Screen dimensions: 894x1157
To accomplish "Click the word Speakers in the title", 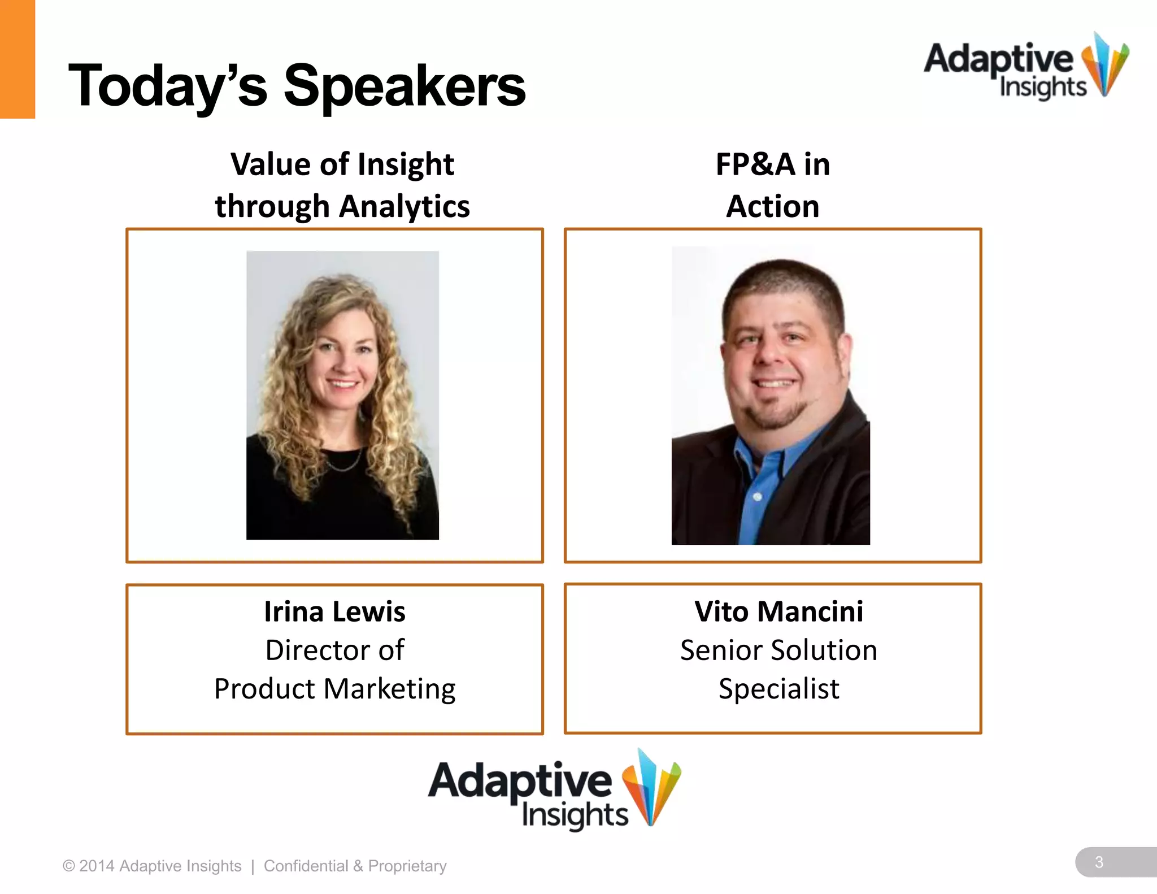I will point(404,86).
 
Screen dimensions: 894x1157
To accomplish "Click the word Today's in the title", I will point(167,86).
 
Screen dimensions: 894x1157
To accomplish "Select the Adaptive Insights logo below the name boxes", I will point(554,790).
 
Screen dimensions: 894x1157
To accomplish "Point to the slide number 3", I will point(1099,862).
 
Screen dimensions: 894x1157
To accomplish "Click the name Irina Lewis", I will point(334,611).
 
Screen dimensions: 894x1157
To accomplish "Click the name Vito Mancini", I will point(778,611).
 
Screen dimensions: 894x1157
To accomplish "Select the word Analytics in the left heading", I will point(404,206).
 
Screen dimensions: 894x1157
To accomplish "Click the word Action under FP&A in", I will point(772,206).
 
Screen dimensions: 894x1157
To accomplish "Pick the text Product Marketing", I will point(334,689).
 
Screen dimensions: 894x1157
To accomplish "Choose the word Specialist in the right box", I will point(778,689).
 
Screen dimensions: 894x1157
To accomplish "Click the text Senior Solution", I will point(778,650).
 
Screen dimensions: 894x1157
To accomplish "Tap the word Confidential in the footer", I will point(306,866).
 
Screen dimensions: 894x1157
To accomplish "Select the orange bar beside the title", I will point(17,59).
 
